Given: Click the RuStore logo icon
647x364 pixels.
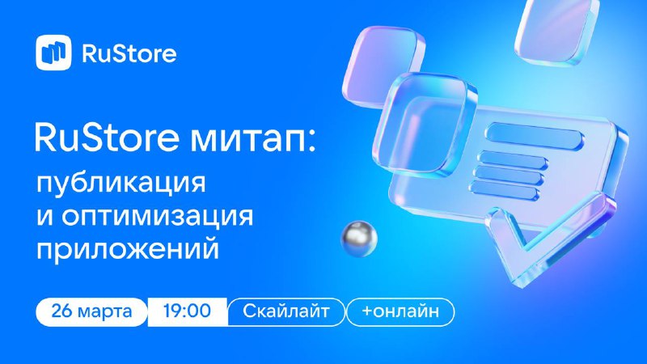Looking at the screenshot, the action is [x=53, y=53].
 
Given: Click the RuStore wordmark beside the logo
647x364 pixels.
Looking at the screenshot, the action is [x=129, y=53].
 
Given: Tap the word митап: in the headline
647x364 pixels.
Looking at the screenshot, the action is [x=252, y=138].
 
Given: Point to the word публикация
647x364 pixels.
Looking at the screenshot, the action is [x=121, y=184].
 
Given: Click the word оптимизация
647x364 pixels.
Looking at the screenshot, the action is [x=157, y=216].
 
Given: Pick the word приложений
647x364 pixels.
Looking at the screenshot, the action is [x=128, y=248].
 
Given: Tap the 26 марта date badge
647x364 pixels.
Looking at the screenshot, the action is [x=91, y=311].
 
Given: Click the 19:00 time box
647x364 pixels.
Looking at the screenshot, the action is [x=188, y=311].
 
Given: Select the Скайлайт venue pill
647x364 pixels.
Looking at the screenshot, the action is [x=286, y=311].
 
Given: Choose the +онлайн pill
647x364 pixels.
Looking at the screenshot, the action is [x=400, y=311].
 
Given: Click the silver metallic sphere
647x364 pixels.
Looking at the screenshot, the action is [x=359, y=239].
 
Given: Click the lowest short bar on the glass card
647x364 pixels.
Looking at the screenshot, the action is [x=504, y=191].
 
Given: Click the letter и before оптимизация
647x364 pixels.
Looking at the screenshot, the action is [x=45, y=216].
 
